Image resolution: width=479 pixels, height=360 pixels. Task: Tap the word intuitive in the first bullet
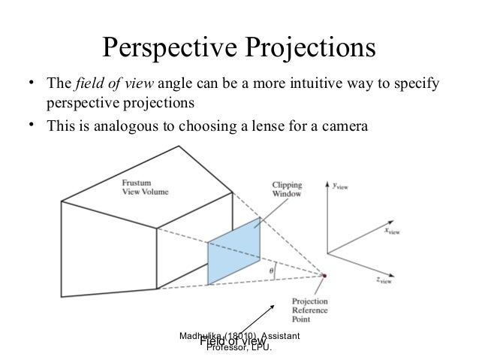(309, 83)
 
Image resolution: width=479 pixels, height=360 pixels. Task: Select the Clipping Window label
(286, 189)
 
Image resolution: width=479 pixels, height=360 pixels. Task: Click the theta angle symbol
(271, 265)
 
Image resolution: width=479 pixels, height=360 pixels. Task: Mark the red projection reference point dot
(325, 276)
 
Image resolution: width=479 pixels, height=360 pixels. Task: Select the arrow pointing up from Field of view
(257, 319)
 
